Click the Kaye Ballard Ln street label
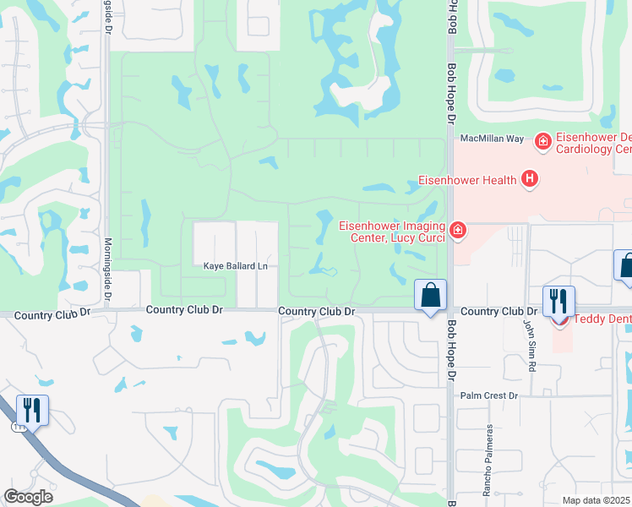235,266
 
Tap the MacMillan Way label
492,139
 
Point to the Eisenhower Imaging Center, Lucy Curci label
392,231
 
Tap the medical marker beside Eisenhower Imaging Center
458,230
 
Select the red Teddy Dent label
602,319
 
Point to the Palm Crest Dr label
488,395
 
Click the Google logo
29,497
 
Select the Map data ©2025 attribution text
597,500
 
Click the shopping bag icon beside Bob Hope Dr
431,296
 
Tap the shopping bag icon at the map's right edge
626,266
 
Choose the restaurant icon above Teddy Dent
558,300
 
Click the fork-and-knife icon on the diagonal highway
32,410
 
